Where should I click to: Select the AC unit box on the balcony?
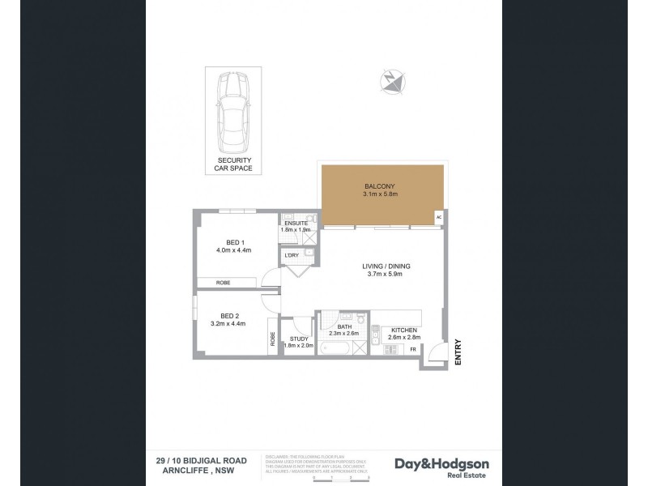(x=439, y=217)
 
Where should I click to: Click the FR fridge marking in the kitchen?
(x=412, y=349)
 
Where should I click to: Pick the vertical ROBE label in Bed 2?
(x=272, y=340)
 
